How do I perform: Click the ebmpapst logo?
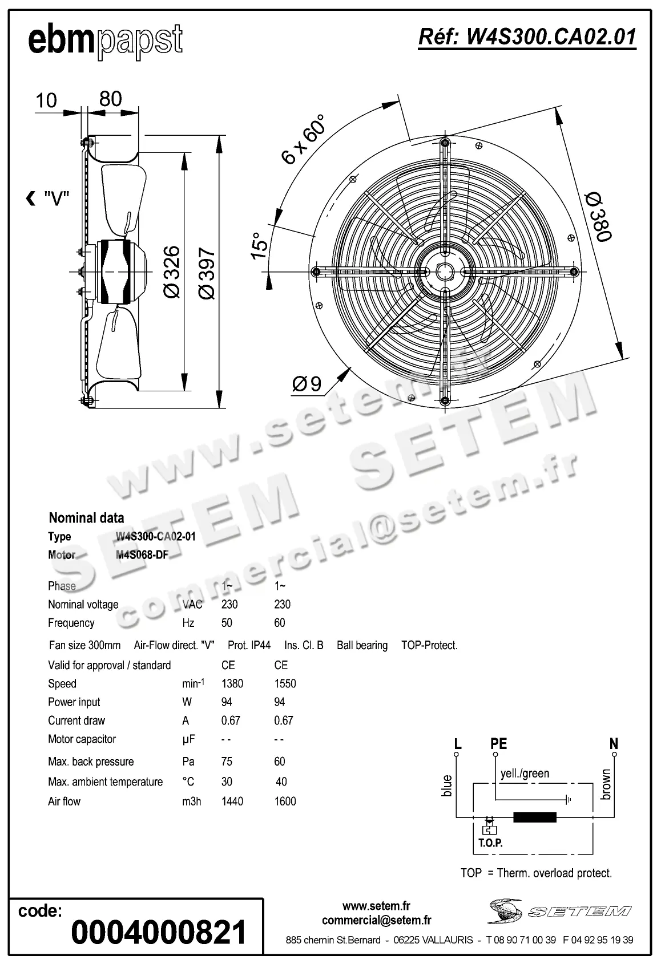coord(106,40)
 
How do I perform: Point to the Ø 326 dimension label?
coord(171,272)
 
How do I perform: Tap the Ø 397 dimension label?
coord(206,273)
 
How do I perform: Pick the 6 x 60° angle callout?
coord(304,139)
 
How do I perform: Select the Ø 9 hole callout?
coord(308,384)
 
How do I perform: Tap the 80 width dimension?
coord(111,99)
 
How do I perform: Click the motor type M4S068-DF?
coord(142,555)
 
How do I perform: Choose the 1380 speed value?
coord(232,683)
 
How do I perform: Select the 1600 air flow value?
coord(285,801)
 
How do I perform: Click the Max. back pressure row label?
coord(91,762)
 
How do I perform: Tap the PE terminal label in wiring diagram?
coord(498,744)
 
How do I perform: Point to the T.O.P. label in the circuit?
coord(490,843)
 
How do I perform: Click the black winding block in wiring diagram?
coord(535,817)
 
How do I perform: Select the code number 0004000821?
coord(159,932)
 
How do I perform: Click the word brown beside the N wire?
coord(606,784)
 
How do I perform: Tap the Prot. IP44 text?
coord(249,645)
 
